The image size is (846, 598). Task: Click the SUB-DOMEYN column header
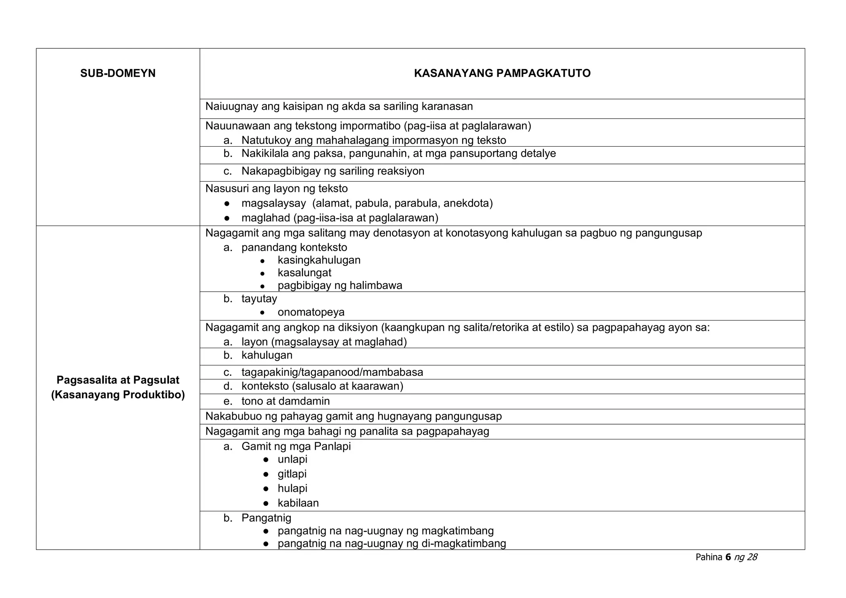click(118, 74)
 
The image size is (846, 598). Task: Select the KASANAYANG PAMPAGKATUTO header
click(502, 74)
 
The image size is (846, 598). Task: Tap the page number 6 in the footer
click(728, 557)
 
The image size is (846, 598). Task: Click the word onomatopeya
click(311, 312)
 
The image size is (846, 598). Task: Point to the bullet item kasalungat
click(304, 273)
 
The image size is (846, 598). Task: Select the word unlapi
click(292, 459)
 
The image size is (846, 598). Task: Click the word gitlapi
click(292, 474)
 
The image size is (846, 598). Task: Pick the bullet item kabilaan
click(298, 503)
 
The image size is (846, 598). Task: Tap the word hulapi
click(292, 488)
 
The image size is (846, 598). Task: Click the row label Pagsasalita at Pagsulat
click(118, 380)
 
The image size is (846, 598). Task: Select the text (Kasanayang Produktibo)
click(118, 395)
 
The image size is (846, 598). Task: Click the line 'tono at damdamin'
click(285, 401)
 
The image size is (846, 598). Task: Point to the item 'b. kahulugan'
click(266, 355)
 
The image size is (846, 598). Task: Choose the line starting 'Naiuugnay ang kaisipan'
click(339, 107)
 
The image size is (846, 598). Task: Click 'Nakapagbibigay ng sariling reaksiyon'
click(333, 171)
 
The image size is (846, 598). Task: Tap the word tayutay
click(259, 299)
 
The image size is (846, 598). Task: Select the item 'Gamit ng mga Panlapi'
click(296, 446)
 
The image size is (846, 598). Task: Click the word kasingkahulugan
click(319, 260)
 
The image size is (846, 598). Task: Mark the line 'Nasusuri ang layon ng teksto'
click(276, 189)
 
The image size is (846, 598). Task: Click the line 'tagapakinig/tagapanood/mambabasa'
click(332, 372)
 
